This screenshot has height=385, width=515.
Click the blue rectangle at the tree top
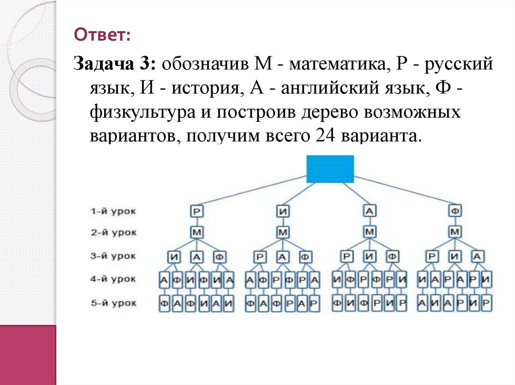[330, 169]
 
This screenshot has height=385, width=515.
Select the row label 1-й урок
[114, 211]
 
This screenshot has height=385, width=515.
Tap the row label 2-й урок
[114, 232]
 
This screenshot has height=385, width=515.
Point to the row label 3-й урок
[114, 256]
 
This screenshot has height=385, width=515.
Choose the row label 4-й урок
[114, 280]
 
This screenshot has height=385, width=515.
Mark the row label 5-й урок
[114, 303]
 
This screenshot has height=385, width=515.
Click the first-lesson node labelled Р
[197, 211]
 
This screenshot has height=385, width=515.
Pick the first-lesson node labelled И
[284, 211]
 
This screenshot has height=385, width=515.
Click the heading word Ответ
[102, 35]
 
